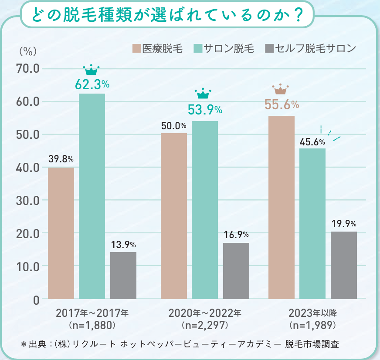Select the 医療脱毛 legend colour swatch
coord(136,48)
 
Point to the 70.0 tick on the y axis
coord(28,69)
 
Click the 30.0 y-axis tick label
coord(28,200)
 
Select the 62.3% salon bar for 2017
coord(92,196)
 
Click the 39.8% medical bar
coord(61,233)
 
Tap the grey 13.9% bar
coord(123,275)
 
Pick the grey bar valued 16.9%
coord(236,271)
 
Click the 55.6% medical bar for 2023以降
coord(282,207)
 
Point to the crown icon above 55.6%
coord(281,90)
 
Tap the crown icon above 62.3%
coord(92,70)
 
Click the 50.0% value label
coord(173,126)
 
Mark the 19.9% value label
coord(344,225)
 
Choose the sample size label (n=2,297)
coord(204,325)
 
